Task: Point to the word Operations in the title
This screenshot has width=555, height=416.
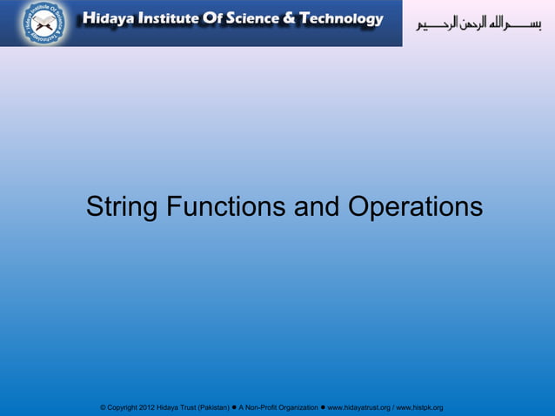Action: (415, 208)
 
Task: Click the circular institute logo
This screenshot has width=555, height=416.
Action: (43, 23)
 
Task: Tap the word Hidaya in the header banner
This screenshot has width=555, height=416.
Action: (106, 19)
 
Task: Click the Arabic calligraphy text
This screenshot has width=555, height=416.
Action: (478, 23)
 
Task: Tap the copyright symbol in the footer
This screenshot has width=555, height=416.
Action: (104, 407)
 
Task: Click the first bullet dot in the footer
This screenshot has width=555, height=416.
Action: (235, 406)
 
